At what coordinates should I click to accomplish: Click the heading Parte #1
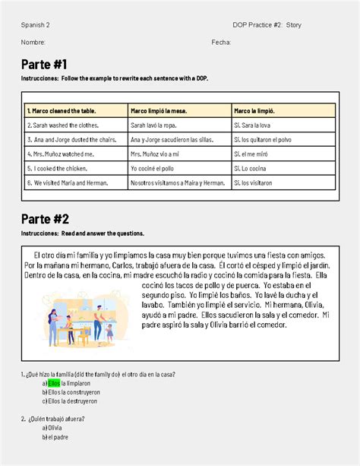pyautogui.click(x=45, y=63)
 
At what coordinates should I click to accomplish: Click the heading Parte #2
pyautogui.click(x=45, y=219)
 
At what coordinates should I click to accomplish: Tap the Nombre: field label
pyautogui.click(x=33, y=42)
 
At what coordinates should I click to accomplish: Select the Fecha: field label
pyautogui.click(x=221, y=42)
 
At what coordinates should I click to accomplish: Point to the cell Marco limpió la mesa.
pyautogui.click(x=159, y=110)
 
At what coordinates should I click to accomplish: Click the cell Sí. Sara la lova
pyautogui.click(x=258, y=125)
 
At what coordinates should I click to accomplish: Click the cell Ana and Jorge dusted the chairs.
pyautogui.click(x=71, y=139)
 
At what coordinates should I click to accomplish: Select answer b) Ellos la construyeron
pyautogui.click(x=71, y=392)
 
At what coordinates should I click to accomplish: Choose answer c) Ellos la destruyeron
pyautogui.click(x=70, y=401)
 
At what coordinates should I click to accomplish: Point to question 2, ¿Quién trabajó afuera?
pyautogui.click(x=54, y=418)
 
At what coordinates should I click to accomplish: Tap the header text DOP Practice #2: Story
pyautogui.click(x=267, y=25)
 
